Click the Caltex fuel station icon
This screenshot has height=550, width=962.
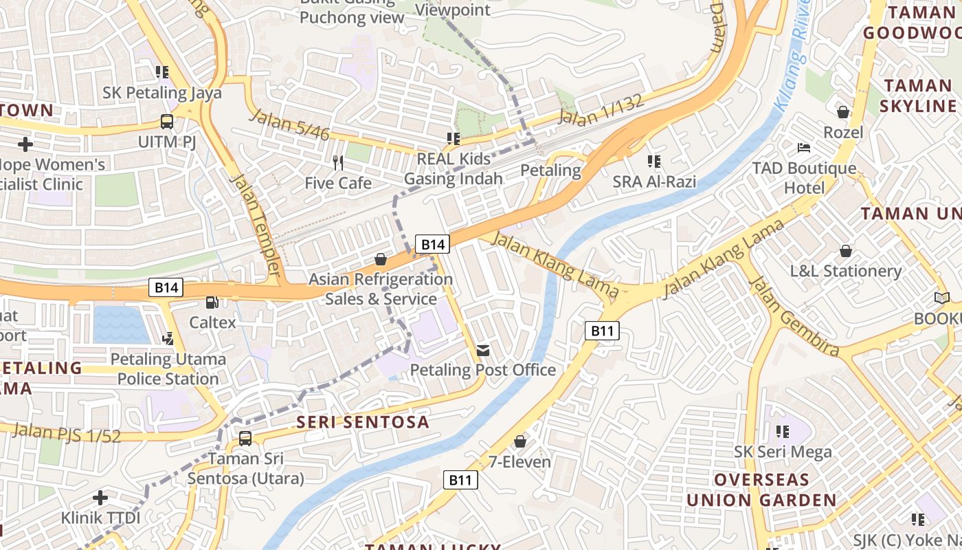click(x=212, y=302)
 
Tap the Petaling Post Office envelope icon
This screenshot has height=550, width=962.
click(x=483, y=351)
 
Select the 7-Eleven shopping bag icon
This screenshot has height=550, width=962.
click(x=520, y=441)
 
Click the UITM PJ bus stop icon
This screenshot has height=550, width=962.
click(x=167, y=122)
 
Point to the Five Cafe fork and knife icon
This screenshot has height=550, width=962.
click(x=338, y=163)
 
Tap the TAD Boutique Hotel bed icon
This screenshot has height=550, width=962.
click(x=803, y=148)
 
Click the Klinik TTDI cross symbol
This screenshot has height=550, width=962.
click(x=100, y=497)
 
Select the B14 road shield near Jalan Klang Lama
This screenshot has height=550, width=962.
click(x=433, y=244)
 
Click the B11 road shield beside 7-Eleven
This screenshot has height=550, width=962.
click(x=460, y=480)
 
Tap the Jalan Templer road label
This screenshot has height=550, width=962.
click(x=256, y=223)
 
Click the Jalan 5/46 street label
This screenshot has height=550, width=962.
click(x=289, y=124)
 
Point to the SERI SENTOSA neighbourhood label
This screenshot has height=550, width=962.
click(x=363, y=422)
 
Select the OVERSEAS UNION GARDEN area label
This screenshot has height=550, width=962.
click(x=761, y=489)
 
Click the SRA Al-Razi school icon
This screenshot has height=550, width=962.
click(x=654, y=162)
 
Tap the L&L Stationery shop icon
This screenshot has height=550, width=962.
click(x=846, y=251)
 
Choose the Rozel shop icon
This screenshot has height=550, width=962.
click(x=843, y=112)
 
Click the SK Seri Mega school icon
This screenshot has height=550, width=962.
click(x=782, y=432)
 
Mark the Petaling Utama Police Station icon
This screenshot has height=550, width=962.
click(x=168, y=338)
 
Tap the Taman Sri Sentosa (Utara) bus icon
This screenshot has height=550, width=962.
click(x=245, y=439)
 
